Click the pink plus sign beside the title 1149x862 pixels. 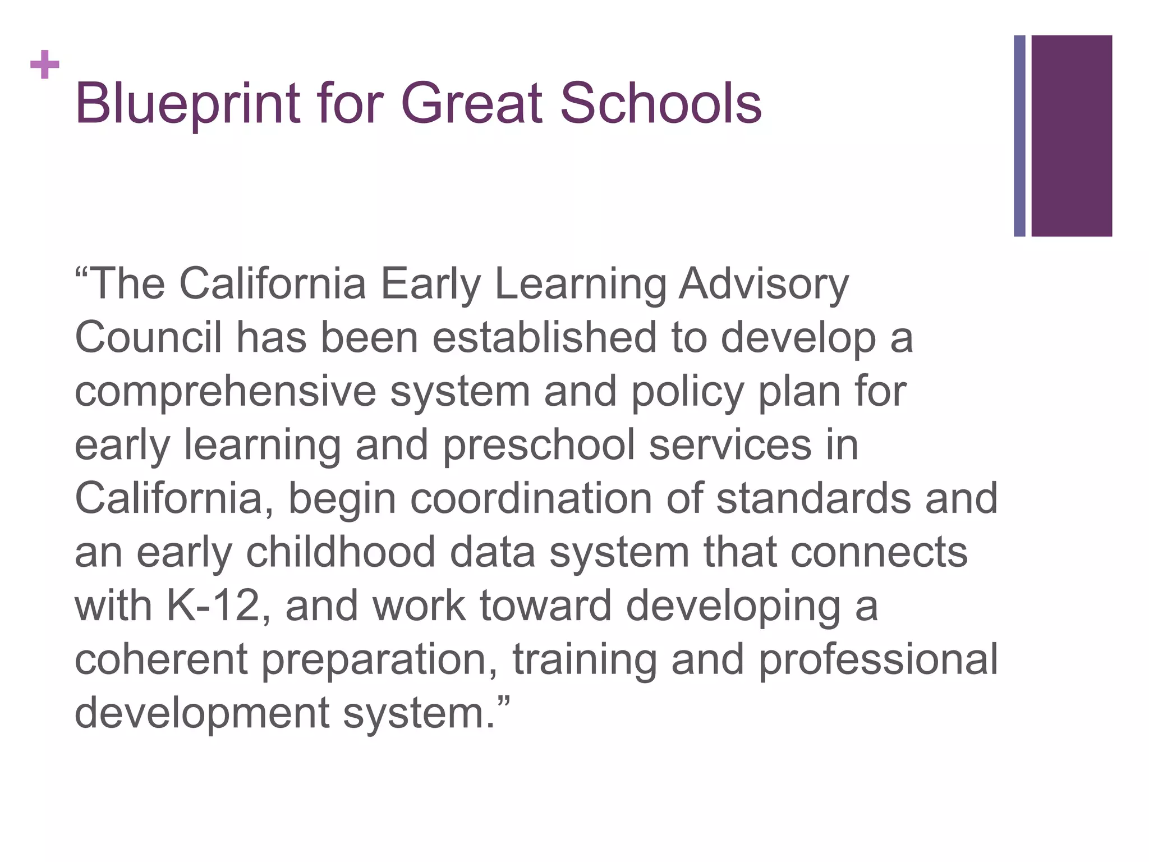[x=45, y=65]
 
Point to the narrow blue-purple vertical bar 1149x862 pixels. [x=1019, y=136]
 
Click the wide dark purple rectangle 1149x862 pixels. [x=1072, y=136]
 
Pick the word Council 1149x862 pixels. [x=148, y=338]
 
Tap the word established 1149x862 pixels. [x=544, y=338]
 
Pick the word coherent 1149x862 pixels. [x=161, y=659]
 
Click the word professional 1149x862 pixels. [x=878, y=659]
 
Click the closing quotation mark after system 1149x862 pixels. [x=504, y=701]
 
